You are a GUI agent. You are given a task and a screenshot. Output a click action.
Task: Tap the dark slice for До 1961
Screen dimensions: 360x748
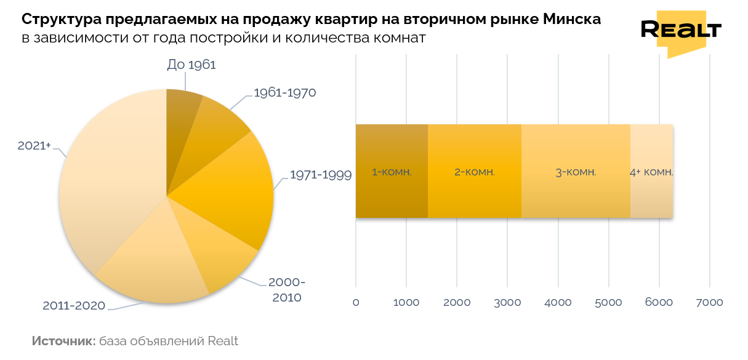click(180, 117)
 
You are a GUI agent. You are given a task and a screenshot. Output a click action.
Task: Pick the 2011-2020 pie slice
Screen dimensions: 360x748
click(154, 265)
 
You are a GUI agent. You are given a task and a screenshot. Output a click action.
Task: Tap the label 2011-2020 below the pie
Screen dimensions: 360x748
click(74, 305)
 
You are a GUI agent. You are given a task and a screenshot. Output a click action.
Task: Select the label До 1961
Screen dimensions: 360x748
click(191, 65)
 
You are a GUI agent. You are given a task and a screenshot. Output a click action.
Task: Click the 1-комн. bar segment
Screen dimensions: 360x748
click(392, 172)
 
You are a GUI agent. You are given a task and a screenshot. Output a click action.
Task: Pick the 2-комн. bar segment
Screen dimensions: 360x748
click(475, 172)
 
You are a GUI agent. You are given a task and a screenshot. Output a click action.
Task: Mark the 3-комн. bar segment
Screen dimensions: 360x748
click(576, 172)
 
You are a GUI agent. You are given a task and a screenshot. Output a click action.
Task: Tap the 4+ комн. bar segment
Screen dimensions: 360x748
click(651, 172)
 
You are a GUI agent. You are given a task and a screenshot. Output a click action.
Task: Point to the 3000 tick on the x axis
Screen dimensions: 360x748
click(507, 303)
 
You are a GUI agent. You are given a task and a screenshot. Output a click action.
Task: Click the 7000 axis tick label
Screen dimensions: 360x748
click(709, 303)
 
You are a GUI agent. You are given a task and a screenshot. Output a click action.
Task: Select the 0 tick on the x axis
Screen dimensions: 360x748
click(356, 303)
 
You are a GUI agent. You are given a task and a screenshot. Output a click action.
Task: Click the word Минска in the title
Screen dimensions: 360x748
click(573, 20)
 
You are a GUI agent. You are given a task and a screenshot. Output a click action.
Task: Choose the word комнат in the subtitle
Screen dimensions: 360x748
click(399, 39)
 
